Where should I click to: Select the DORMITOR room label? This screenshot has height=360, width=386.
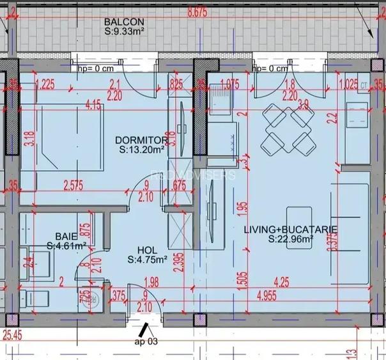pyautogui.click(x=141, y=140)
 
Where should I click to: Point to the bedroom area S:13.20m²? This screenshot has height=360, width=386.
pyautogui.click(x=142, y=150)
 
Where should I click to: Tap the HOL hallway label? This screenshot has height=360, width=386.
pyautogui.click(x=147, y=251)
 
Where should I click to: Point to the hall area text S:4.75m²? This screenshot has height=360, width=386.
pyautogui.click(x=147, y=260)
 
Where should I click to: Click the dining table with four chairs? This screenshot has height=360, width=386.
pyautogui.click(x=287, y=129)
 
